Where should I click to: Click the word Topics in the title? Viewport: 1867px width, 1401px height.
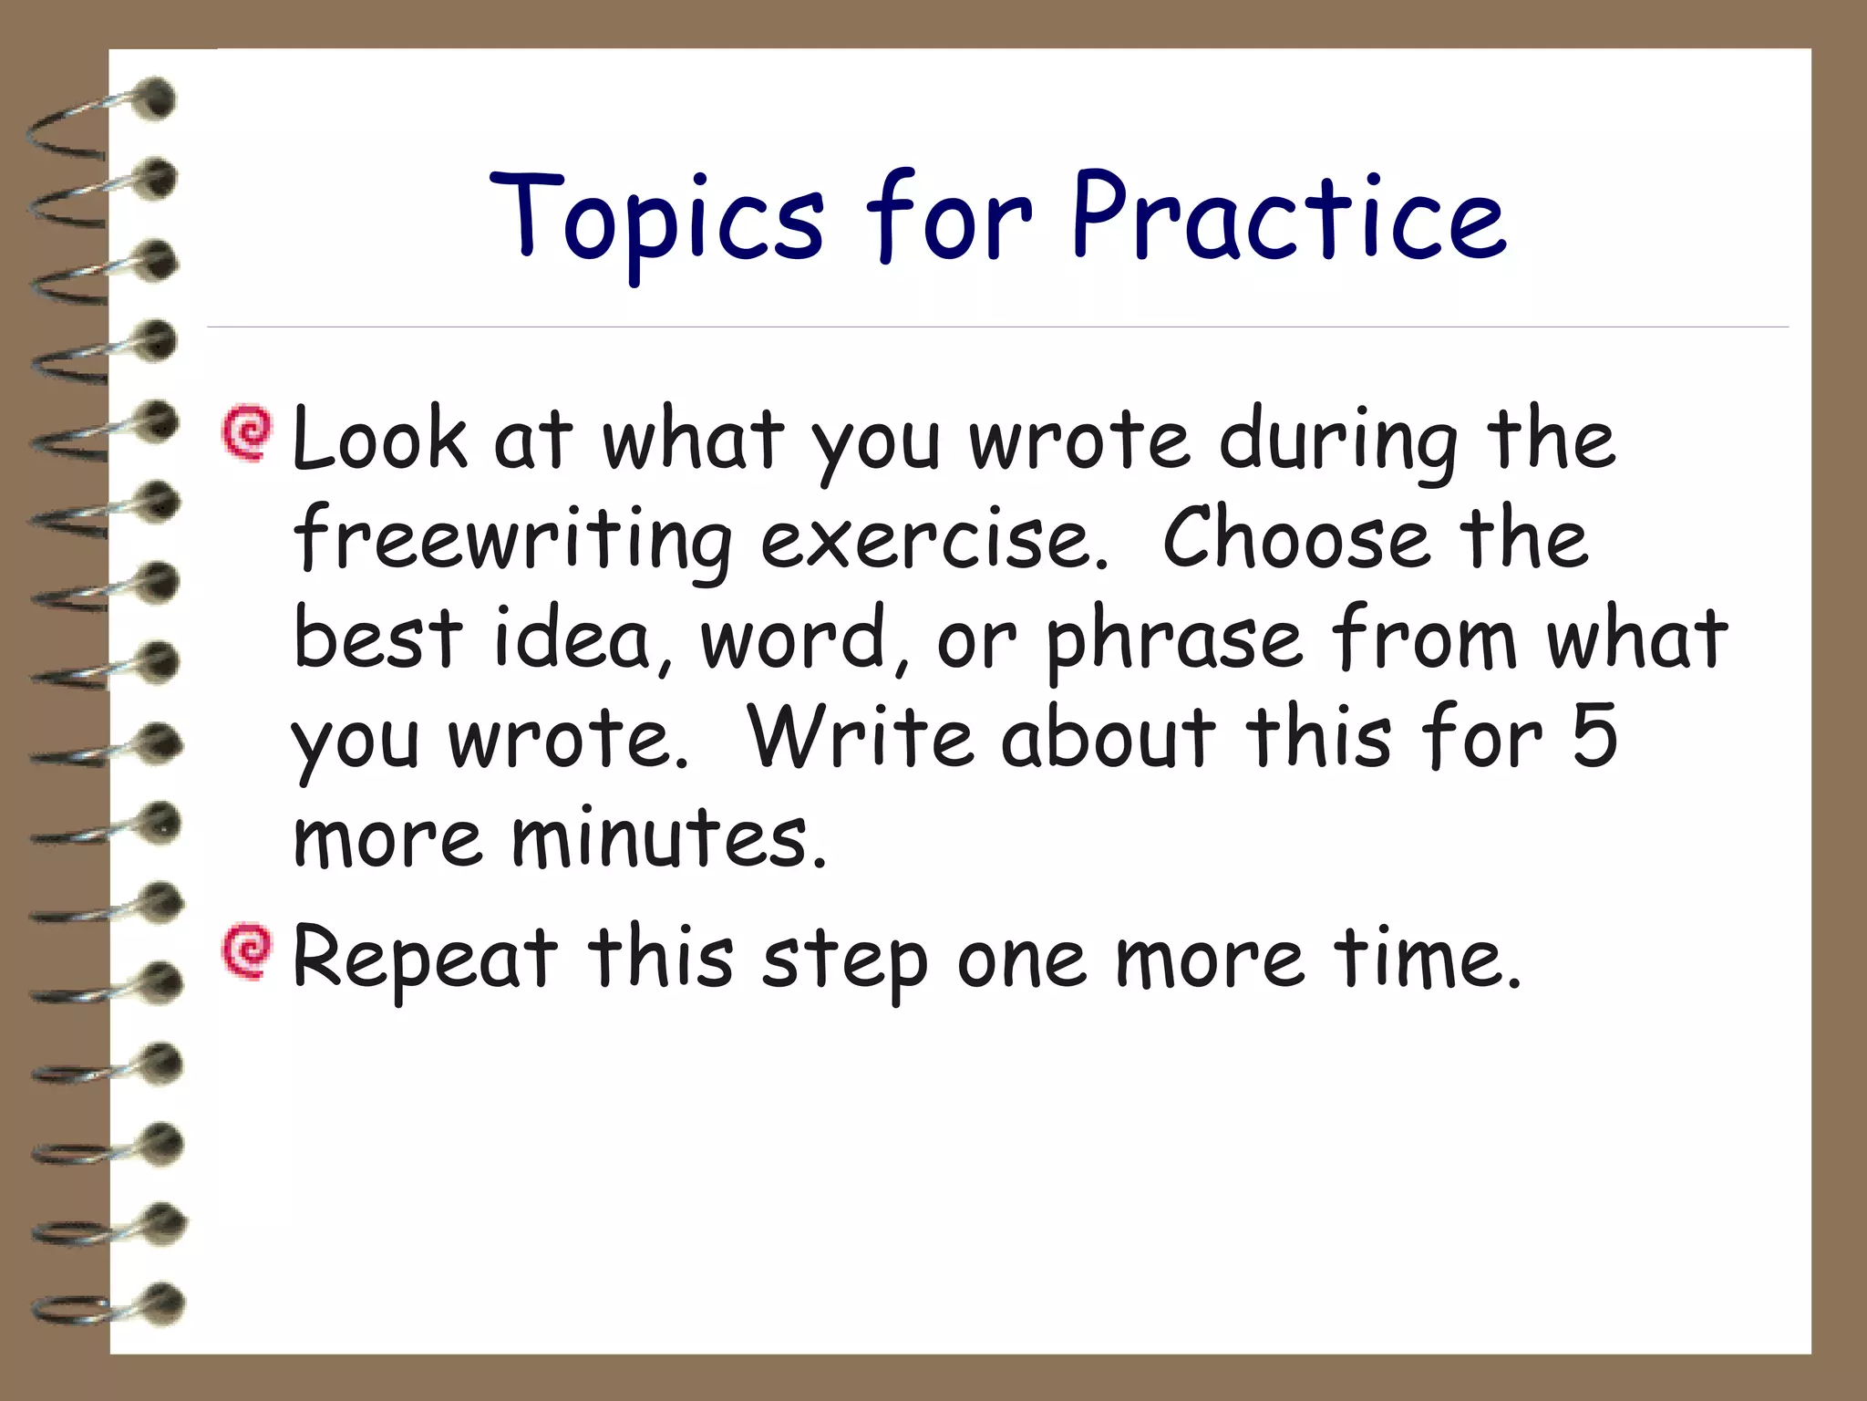point(656,219)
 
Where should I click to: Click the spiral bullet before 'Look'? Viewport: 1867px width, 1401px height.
point(247,433)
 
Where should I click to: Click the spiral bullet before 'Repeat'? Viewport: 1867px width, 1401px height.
point(247,953)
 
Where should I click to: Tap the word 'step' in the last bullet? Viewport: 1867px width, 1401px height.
point(844,961)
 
